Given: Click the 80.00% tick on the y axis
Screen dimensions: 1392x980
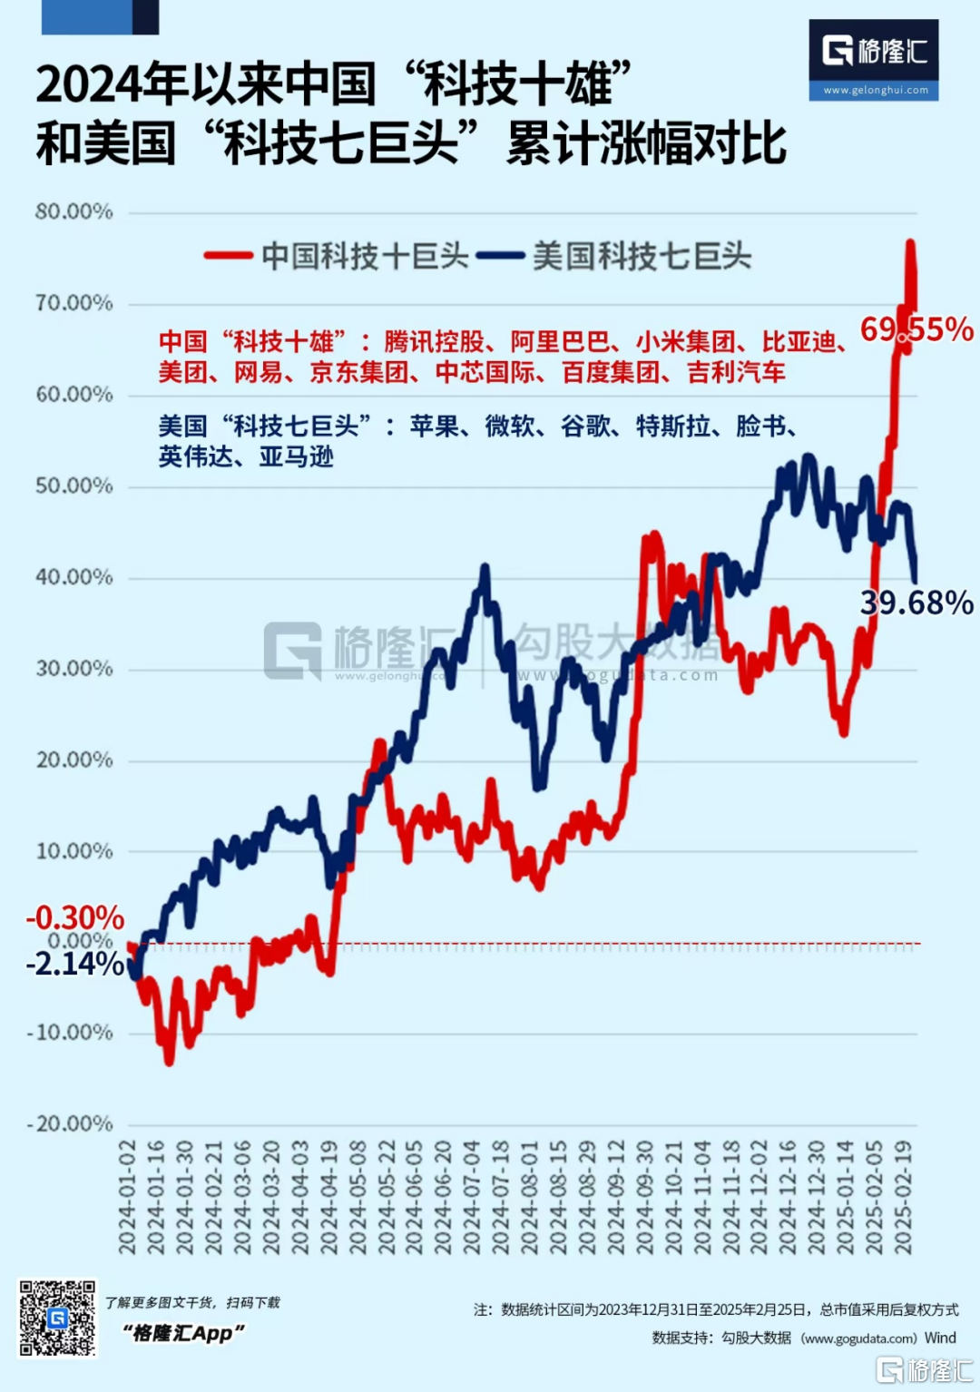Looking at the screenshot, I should point(74,211).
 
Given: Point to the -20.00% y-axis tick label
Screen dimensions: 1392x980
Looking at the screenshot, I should point(71,1123).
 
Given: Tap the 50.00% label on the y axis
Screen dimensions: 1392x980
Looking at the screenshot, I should point(74,485).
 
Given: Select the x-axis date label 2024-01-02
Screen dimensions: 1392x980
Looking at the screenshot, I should point(127,1198).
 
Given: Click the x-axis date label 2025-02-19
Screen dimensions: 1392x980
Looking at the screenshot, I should point(903,1198).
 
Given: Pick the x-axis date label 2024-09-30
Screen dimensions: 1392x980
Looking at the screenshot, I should point(644,1198).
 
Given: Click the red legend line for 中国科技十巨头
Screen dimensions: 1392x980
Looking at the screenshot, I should point(229,256).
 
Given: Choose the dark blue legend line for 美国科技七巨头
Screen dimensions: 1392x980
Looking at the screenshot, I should point(500,256).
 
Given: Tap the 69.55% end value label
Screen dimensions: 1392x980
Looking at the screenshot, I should point(916,328).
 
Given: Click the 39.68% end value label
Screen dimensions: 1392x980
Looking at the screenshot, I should point(916,603).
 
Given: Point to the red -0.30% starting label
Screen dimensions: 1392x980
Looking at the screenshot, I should point(74,917).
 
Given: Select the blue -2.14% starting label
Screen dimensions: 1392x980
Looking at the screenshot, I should point(74,964).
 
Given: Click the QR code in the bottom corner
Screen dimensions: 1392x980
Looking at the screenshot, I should point(57,1318).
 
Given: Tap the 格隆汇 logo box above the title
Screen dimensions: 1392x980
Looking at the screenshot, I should point(874,59).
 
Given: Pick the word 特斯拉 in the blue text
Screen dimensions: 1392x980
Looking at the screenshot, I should point(673,426).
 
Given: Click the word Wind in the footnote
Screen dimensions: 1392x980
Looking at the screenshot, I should point(940,1338).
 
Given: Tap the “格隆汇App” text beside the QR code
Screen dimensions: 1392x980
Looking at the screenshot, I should point(184,1332).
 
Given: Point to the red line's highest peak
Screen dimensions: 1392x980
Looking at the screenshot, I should point(909,242).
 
